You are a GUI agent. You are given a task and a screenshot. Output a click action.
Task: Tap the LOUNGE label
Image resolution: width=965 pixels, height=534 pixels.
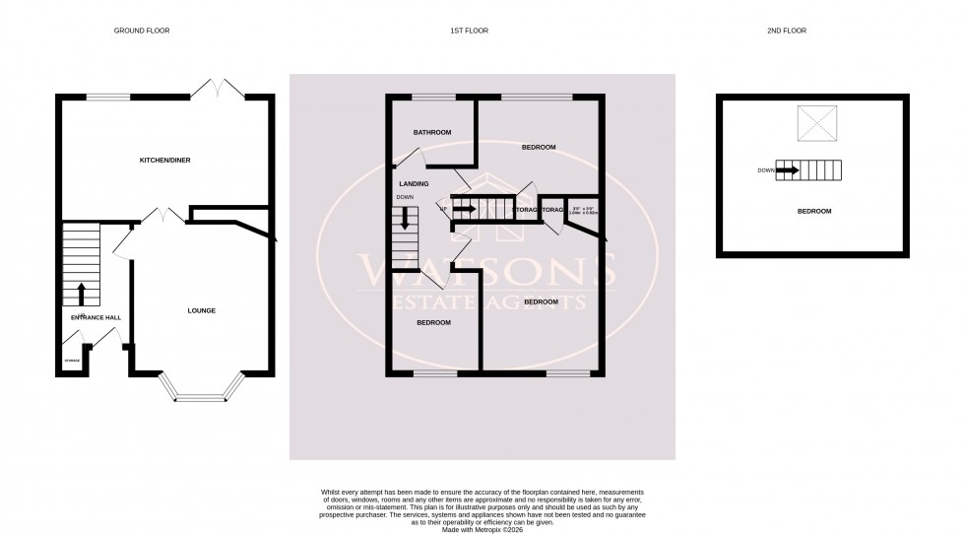click(x=202, y=310)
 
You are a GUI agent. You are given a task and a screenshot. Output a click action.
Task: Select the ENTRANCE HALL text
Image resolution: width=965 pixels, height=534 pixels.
click(x=95, y=318)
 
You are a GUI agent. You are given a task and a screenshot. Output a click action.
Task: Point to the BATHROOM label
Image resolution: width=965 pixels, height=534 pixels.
click(x=431, y=132)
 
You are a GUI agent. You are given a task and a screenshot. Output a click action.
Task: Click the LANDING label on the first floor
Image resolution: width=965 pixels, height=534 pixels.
click(x=413, y=184)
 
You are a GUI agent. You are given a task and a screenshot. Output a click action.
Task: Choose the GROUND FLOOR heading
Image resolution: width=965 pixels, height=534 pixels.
click(x=143, y=31)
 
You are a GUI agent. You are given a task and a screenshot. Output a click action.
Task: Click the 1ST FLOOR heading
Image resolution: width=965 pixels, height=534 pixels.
click(x=470, y=31)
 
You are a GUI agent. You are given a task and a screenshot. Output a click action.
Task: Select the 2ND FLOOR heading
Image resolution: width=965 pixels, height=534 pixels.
click(x=786, y=31)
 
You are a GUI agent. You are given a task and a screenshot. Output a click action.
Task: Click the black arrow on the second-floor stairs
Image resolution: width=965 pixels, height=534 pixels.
click(x=788, y=170)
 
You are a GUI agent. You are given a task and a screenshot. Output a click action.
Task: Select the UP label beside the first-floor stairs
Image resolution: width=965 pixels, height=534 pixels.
click(x=444, y=209)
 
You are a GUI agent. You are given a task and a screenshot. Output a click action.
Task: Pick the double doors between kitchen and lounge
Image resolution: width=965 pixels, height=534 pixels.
click(x=159, y=214)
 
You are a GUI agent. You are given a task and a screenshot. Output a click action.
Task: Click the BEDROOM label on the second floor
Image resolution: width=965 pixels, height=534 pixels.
click(x=813, y=211)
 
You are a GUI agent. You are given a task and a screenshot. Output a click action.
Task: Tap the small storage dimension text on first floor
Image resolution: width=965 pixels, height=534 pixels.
click(x=585, y=210)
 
